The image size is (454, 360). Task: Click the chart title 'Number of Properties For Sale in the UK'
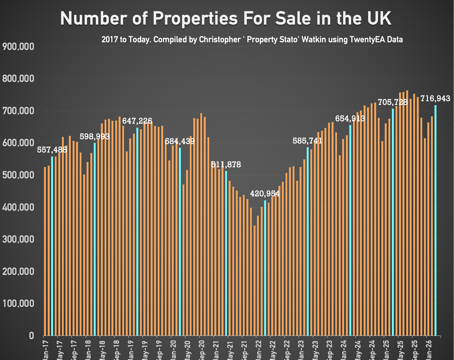pyautogui.click(x=226, y=19)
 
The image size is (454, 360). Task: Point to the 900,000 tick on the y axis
pyautogui.click(x=18, y=47)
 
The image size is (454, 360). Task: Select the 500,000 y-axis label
pyautogui.click(x=18, y=175)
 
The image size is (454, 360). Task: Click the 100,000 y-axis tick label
pyautogui.click(x=18, y=304)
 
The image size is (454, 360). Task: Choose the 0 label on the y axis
pyautogui.click(x=31, y=336)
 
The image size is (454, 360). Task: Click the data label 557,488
pyautogui.click(x=52, y=150)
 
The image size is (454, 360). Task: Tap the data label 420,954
pyautogui.click(x=265, y=194)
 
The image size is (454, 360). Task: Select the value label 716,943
pyautogui.click(x=435, y=99)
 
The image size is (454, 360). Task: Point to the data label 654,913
pyautogui.click(x=350, y=119)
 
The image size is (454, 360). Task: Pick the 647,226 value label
pyautogui.click(x=137, y=121)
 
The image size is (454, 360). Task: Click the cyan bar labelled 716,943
pyautogui.click(x=435, y=219)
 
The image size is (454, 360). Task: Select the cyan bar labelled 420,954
pyautogui.click(x=265, y=267)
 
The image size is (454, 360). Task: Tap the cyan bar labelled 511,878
pyautogui.click(x=226, y=252)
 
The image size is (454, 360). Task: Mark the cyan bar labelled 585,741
pyautogui.click(x=307, y=241)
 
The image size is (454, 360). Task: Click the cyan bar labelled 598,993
pyautogui.click(x=95, y=238)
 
